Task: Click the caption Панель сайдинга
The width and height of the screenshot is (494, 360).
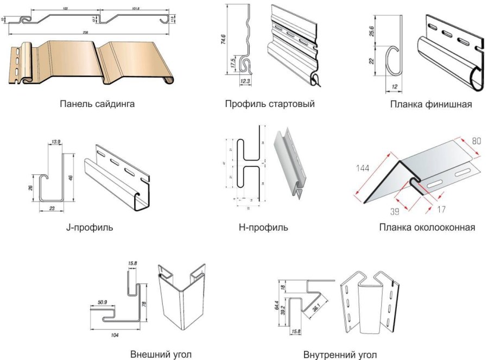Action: (x=97, y=104)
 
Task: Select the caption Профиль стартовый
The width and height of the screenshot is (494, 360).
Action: (x=270, y=104)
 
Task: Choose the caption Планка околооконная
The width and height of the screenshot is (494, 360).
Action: (x=427, y=227)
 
